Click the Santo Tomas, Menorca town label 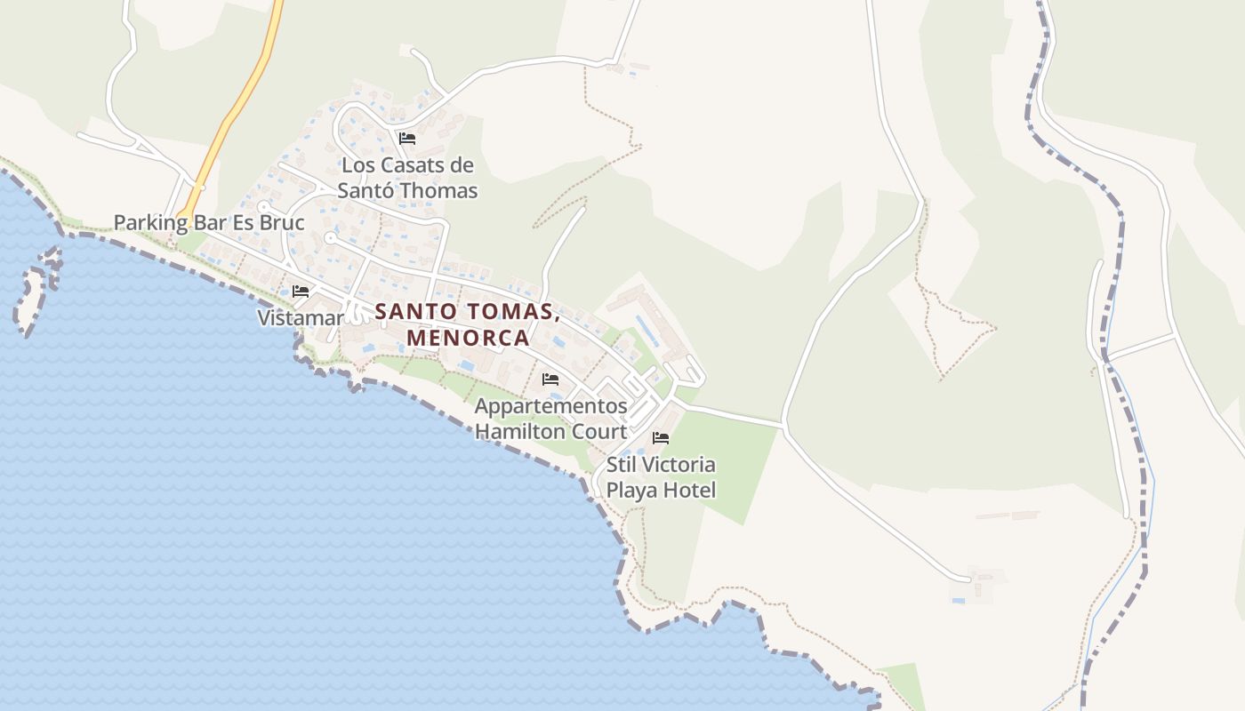(x=468, y=324)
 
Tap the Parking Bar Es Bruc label (x=209, y=222)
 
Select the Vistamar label (x=301, y=318)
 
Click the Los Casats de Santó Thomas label (x=408, y=178)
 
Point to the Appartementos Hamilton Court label (x=550, y=419)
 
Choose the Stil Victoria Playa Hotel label (x=661, y=477)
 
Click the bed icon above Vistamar (x=301, y=291)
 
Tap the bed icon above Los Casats (x=407, y=138)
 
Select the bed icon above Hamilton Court (x=550, y=379)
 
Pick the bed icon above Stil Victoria (x=661, y=437)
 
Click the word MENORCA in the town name (x=468, y=339)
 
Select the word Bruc (x=279, y=222)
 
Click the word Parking (x=148, y=222)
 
